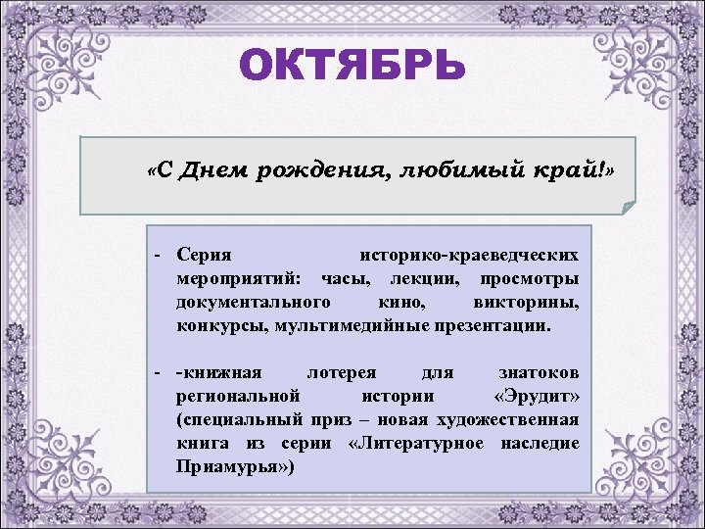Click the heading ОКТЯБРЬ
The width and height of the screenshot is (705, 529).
(352, 68)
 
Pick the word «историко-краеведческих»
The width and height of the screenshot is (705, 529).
(469, 254)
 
